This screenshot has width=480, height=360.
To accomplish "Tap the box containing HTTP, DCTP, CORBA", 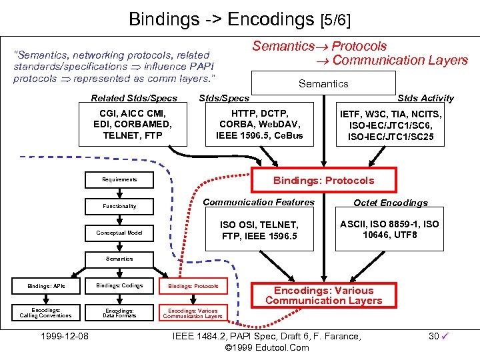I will point(259,124).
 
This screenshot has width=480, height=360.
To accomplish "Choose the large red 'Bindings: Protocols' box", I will point(323,180).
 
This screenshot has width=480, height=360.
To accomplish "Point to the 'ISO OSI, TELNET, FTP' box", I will point(259,231).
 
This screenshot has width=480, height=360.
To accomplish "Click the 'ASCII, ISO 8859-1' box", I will point(389,229).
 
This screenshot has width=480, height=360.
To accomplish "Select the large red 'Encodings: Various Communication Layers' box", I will point(323,295).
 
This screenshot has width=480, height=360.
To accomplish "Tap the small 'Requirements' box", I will point(119,179).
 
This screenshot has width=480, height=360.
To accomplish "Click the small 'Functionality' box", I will point(119,206).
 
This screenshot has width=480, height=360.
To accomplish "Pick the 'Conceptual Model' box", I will point(119,233).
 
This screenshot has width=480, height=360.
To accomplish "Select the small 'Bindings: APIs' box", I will point(46,285).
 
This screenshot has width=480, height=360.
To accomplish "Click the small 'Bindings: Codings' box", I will point(119,285).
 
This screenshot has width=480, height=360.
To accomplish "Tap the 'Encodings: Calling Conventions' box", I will point(46,313).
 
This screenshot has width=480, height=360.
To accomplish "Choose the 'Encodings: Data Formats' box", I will point(119,313).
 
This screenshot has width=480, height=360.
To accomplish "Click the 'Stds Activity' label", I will point(425,98).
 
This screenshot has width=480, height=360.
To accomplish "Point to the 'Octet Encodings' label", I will point(391,203).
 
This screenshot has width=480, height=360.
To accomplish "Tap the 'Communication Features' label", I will point(259,202).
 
